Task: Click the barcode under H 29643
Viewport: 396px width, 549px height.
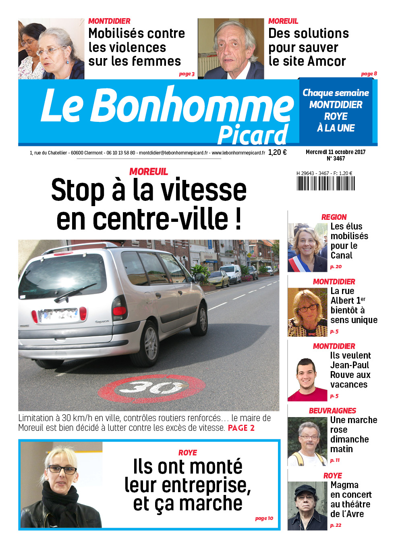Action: click(x=326, y=183)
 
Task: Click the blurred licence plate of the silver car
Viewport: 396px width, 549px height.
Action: click(x=59, y=315)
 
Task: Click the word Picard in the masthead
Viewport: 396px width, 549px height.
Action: click(x=253, y=135)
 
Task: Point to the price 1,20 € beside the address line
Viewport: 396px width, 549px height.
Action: click(x=277, y=152)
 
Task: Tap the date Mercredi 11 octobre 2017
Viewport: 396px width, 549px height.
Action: click(x=335, y=152)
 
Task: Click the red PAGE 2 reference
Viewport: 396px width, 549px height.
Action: click(x=241, y=428)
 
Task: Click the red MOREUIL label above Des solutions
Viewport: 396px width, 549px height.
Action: click(x=283, y=21)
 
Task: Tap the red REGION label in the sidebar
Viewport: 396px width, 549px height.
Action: click(x=334, y=217)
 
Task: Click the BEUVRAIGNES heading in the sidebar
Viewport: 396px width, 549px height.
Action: click(x=332, y=411)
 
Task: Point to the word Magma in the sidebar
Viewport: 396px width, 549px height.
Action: click(x=344, y=485)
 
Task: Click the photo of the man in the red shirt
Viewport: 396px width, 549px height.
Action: click(x=307, y=380)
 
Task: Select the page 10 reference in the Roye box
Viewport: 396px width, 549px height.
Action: click(x=264, y=518)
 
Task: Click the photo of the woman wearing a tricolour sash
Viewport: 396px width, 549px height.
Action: click(x=307, y=247)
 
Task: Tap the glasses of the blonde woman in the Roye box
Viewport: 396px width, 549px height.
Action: click(x=62, y=470)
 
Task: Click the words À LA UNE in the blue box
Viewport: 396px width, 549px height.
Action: click(x=336, y=128)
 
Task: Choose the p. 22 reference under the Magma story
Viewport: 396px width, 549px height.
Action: click(x=336, y=525)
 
